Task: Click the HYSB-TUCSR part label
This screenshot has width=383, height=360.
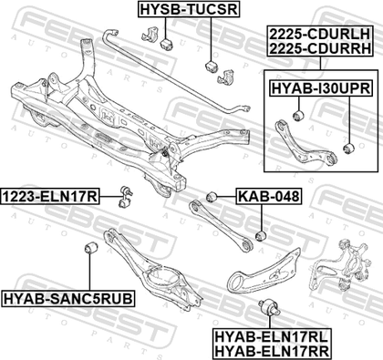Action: click(189, 9)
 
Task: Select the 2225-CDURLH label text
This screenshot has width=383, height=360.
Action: click(320, 34)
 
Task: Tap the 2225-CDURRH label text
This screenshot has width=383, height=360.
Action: click(320, 48)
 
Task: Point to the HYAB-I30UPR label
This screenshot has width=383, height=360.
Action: click(321, 88)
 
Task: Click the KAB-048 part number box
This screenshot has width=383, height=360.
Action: click(269, 196)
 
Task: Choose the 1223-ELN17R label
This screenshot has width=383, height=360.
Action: click(50, 197)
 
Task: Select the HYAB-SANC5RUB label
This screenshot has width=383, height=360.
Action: click(68, 298)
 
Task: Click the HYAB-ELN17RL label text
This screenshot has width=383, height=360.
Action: click(272, 337)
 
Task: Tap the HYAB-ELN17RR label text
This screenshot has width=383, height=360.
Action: click(272, 351)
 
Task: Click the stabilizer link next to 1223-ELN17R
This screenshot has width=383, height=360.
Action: click(126, 196)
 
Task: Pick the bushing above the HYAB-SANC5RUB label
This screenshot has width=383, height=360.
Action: click(90, 248)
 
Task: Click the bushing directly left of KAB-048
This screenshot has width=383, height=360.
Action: click(211, 197)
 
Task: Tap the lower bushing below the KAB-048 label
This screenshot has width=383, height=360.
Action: click(261, 235)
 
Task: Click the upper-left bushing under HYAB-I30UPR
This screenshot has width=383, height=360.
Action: click(298, 116)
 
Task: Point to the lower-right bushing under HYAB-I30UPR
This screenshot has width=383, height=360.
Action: click(348, 149)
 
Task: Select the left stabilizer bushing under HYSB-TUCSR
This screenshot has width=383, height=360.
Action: click(166, 44)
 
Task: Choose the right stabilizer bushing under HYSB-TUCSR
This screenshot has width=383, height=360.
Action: click(211, 67)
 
